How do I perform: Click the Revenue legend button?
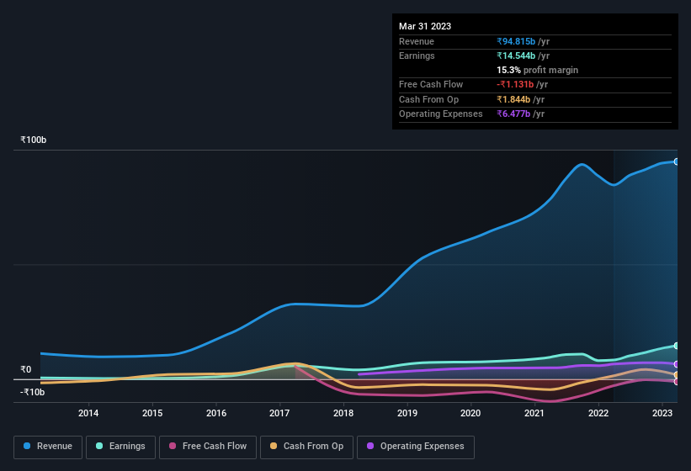[x=48, y=447]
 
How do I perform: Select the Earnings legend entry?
[x=121, y=447]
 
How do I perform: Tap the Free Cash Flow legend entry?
[x=208, y=447]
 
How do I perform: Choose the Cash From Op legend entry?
[x=306, y=447]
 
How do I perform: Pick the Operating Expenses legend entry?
[x=416, y=447]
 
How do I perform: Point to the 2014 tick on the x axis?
[x=88, y=413]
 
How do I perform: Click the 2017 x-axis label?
[x=279, y=413]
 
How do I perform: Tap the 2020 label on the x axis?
[x=470, y=413]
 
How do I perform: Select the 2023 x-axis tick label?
[x=662, y=413]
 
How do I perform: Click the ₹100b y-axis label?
[x=34, y=140]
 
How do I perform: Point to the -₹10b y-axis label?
[x=34, y=392]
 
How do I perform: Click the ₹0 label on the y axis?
[x=26, y=369]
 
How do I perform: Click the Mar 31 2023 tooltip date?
[x=425, y=26]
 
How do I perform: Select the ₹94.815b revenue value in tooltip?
[x=523, y=41]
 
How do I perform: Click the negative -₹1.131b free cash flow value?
[x=522, y=84]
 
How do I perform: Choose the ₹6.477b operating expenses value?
[x=520, y=114]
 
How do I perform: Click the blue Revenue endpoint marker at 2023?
[x=677, y=161]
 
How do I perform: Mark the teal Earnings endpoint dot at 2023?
[x=677, y=346]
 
